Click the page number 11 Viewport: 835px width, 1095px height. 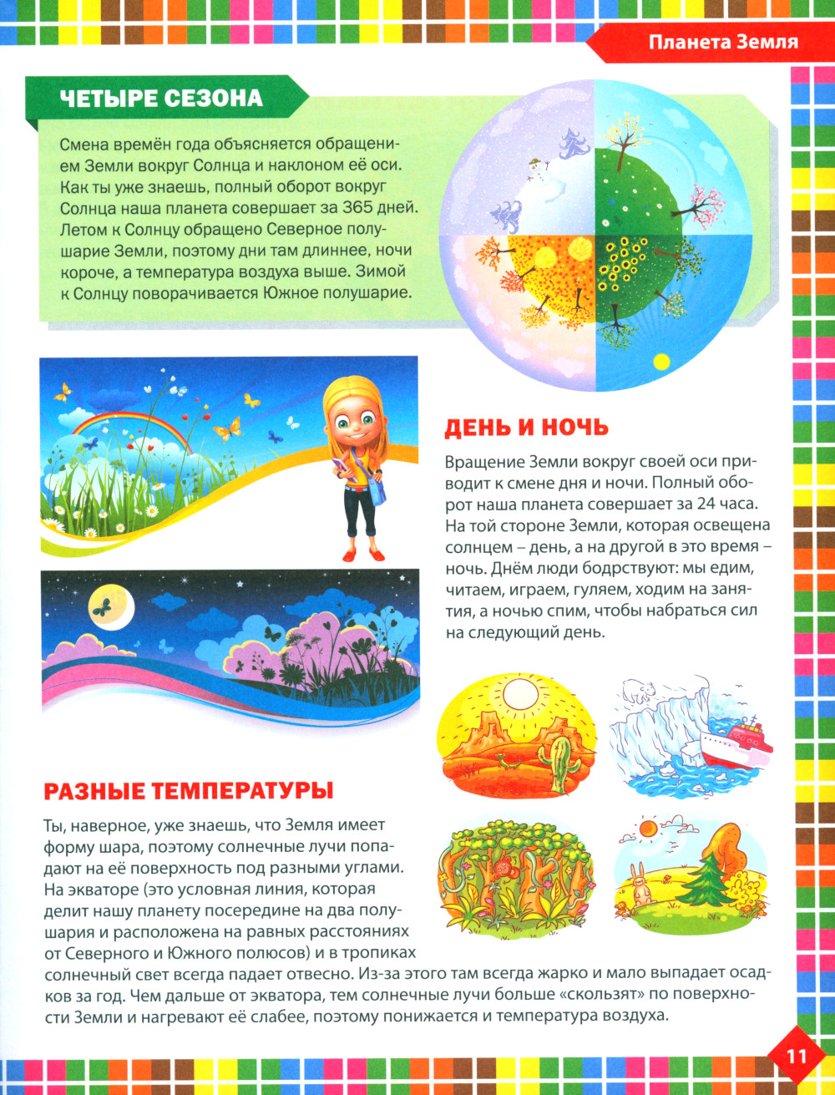click(796, 1055)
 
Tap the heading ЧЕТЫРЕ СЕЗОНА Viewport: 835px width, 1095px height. click(161, 98)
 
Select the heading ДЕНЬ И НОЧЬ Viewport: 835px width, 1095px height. click(526, 428)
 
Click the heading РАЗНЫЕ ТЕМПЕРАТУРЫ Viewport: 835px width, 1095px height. click(188, 789)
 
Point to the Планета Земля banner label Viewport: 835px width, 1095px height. click(723, 43)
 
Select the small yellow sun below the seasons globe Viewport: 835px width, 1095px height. click(661, 362)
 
